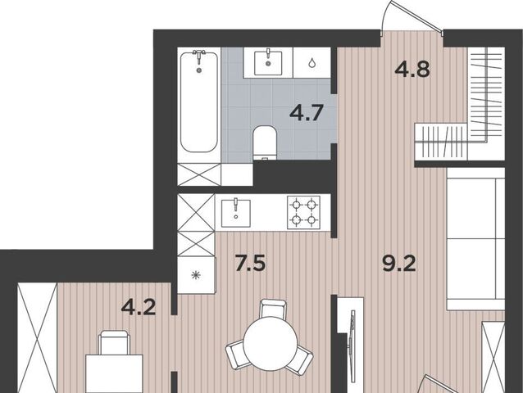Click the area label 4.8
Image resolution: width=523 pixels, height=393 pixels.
[x=412, y=70]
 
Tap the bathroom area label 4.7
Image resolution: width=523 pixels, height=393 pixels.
[x=307, y=112]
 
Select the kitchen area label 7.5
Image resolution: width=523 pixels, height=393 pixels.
[x=250, y=263]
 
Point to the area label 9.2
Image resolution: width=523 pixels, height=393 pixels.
[x=399, y=264]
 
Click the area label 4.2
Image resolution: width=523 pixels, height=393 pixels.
[x=139, y=307]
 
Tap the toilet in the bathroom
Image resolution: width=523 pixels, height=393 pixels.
[x=265, y=143]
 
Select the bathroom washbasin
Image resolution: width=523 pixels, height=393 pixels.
[x=268, y=63]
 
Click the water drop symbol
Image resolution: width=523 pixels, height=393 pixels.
[x=312, y=62]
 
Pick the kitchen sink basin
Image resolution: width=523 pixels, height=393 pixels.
[x=236, y=213]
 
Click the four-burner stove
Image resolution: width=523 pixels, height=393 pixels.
[x=304, y=212]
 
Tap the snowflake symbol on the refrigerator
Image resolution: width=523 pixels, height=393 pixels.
[x=195, y=275]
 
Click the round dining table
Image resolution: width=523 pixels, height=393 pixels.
[x=271, y=343]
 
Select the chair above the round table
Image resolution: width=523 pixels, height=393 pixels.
[x=273, y=309]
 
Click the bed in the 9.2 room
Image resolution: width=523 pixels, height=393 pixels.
[x=475, y=239]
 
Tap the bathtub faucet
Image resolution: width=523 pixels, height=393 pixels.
[x=199, y=56]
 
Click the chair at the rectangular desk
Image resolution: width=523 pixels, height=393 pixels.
[x=114, y=342]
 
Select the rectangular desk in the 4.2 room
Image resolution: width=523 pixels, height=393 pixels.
[x=114, y=373]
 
